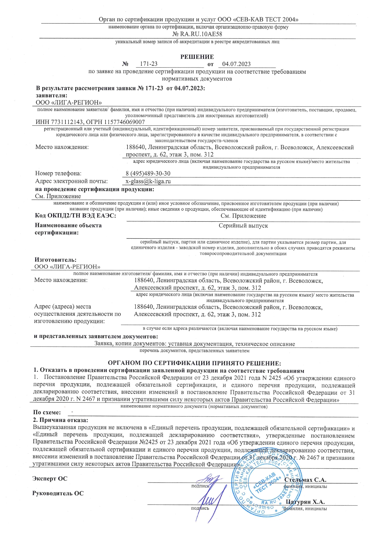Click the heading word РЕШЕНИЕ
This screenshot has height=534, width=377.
(197, 57)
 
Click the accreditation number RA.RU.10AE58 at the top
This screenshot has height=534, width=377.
(201, 34)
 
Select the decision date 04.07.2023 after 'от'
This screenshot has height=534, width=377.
(237, 64)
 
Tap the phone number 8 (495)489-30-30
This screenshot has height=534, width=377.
(148, 174)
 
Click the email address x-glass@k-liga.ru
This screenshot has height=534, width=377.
(148, 181)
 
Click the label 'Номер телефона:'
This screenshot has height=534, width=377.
(58, 174)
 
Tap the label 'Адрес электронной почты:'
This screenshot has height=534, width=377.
(71, 181)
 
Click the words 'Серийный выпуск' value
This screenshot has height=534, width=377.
(243, 226)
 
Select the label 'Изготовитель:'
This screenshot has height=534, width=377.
(55, 260)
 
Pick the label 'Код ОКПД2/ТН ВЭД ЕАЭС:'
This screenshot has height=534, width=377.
(75, 216)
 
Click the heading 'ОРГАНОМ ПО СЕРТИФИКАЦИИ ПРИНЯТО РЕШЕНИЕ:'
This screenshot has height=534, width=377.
(195, 363)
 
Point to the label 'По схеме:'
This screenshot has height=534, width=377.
(47, 413)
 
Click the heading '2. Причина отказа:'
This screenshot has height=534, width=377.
(61, 420)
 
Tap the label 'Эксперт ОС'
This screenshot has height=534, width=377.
(50, 479)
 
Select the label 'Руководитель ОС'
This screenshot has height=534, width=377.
(58, 494)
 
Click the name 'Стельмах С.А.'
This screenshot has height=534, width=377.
(305, 480)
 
